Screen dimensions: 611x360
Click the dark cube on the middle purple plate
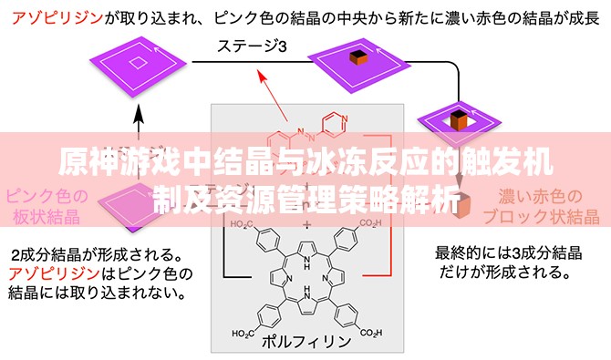point(357,59)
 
